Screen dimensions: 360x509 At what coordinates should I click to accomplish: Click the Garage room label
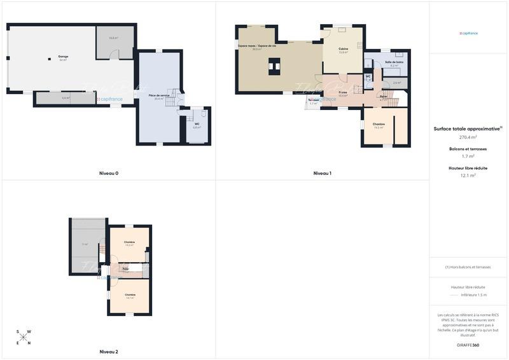[x=63, y=57]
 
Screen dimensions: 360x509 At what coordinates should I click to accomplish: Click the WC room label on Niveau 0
[x=197, y=124]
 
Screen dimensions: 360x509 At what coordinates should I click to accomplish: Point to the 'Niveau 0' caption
[x=109, y=174]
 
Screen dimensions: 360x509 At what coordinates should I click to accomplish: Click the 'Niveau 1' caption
[x=322, y=174]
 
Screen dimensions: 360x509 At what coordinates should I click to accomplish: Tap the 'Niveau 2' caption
[x=109, y=352]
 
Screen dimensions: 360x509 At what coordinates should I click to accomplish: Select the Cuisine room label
[x=343, y=49]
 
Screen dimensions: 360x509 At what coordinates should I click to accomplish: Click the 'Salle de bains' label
[x=394, y=62]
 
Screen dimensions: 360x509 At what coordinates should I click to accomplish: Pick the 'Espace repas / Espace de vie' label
[x=257, y=46]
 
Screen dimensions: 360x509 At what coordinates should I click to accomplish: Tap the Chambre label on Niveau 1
[x=379, y=124]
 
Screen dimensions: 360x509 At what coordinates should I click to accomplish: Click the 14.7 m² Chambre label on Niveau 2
[x=130, y=295]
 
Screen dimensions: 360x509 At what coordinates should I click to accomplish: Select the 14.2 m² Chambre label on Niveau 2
[x=129, y=242]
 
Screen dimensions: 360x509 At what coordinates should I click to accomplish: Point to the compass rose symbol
[x=23, y=337]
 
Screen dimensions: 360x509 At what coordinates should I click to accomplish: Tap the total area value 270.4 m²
[x=468, y=137]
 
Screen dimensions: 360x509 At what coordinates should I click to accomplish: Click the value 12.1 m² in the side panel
[x=468, y=176]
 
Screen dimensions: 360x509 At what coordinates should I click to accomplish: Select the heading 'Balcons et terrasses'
[x=468, y=149]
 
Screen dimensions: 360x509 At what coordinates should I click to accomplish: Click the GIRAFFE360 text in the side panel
[x=468, y=345]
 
